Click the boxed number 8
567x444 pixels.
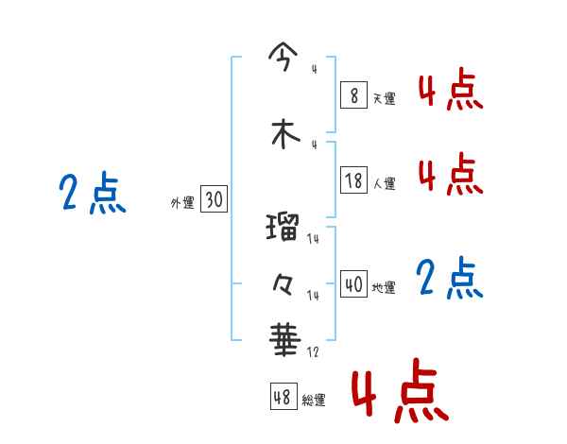(353, 94)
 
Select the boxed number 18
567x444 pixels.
(353, 180)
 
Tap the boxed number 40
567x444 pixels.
(353, 284)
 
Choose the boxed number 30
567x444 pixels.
(214, 199)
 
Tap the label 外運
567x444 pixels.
(182, 203)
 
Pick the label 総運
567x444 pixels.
(314, 401)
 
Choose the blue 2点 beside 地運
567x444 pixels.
(449, 278)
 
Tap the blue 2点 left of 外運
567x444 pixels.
(92, 195)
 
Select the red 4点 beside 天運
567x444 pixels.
(451, 92)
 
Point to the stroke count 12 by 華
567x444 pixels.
(313, 351)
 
